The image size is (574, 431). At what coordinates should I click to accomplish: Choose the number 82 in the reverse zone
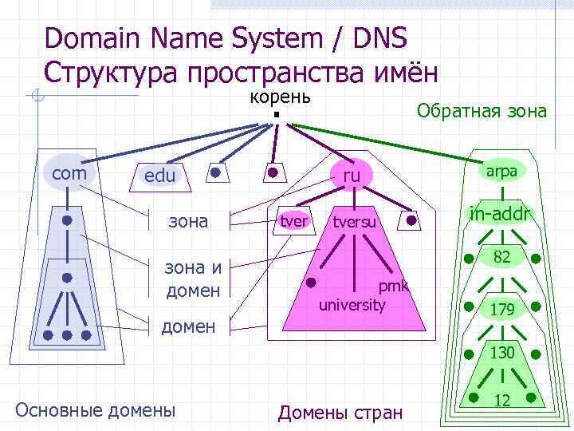501,257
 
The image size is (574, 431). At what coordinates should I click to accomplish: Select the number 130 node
501,352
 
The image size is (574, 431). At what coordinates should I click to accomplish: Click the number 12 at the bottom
502,400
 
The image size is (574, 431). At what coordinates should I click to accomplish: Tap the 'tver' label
294,220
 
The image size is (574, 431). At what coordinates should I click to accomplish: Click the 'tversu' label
354,221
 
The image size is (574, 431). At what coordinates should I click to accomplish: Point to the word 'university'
352,305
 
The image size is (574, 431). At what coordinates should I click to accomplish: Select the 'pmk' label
393,287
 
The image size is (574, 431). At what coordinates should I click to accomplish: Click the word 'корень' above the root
280,97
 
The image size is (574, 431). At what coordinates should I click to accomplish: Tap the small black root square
274,116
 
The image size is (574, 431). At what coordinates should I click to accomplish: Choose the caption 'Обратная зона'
482,111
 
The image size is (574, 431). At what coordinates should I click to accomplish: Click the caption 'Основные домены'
95,410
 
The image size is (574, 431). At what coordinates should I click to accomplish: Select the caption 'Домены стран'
340,413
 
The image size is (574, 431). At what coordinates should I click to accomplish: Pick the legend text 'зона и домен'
193,279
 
